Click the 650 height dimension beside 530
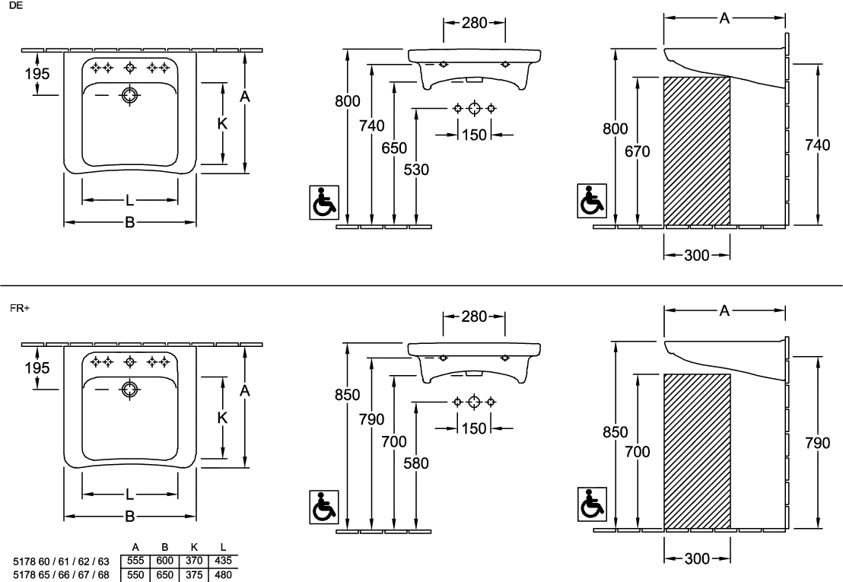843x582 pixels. tap(395, 148)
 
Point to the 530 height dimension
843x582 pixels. tap(417, 170)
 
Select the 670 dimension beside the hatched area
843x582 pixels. tap(638, 151)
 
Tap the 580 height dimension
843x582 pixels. tap(417, 463)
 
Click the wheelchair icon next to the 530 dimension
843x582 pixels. tap(323, 202)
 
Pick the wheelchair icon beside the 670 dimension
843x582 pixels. tap(592, 201)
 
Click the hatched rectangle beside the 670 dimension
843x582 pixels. tap(697, 151)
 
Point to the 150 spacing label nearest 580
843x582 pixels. tap(473, 429)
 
